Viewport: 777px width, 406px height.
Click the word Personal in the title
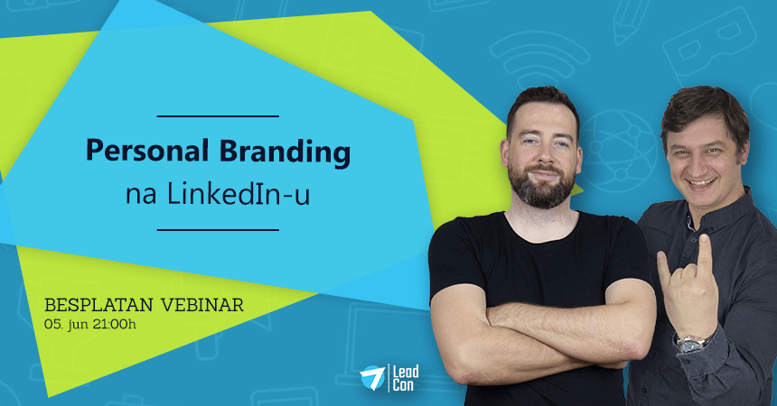tap(147, 150)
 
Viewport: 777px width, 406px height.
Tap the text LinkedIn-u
tap(239, 194)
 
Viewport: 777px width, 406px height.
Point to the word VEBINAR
tap(202, 305)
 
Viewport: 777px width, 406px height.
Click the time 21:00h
tap(114, 325)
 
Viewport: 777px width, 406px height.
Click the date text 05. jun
tap(66, 326)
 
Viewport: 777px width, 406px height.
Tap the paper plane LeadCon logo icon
tap(372, 377)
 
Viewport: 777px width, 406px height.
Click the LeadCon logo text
tap(406, 378)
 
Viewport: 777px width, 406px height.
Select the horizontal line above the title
tap(218, 116)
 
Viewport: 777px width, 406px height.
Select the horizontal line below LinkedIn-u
tap(218, 230)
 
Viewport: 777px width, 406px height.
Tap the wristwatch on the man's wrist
tap(693, 342)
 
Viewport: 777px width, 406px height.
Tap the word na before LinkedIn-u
tap(141, 195)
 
